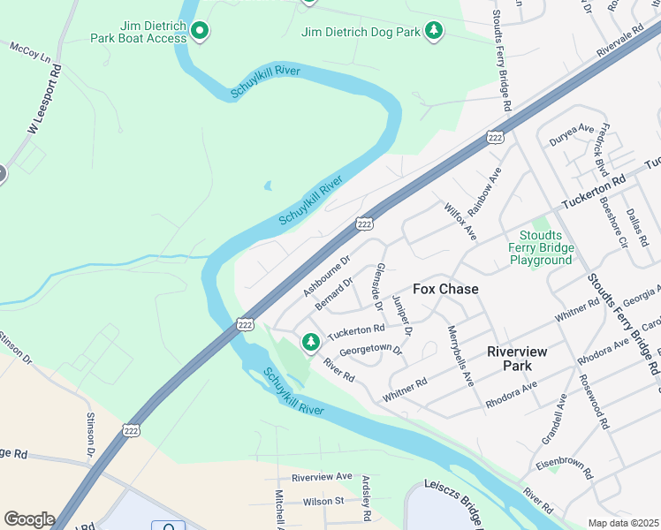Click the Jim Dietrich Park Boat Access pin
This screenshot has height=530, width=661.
[x=200, y=33]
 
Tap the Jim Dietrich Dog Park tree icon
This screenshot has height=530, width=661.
[x=433, y=31]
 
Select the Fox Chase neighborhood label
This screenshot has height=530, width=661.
[x=445, y=289]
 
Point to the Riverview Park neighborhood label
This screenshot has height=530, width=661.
[x=517, y=358]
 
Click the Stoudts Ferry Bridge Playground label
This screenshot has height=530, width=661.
[x=541, y=247]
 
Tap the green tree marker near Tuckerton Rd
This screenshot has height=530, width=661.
[x=310, y=341]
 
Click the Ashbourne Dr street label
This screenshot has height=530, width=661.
[x=327, y=276]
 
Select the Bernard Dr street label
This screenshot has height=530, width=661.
[x=334, y=293]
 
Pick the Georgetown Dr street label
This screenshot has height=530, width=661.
[x=371, y=350]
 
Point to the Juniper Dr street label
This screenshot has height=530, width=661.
[x=401, y=314]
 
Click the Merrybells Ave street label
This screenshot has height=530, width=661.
[x=460, y=356]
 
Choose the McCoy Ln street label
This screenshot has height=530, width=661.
[x=29, y=53]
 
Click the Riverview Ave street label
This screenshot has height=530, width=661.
[x=322, y=477]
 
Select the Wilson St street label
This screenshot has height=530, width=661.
[x=323, y=501]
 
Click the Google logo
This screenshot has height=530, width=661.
[x=29, y=519]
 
